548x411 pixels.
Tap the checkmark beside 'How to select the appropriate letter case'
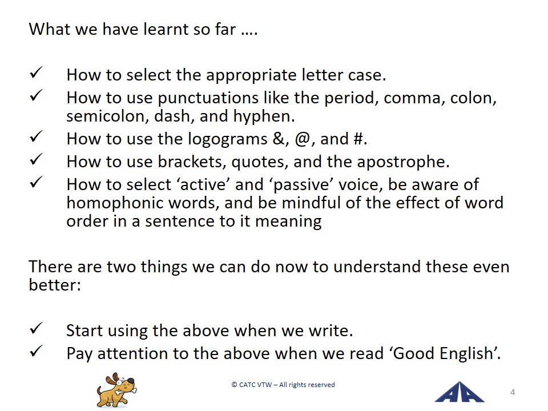pyautogui.click(x=36, y=72)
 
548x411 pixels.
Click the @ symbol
pyautogui.click(x=303, y=139)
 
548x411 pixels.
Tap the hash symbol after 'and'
pyautogui.click(x=358, y=139)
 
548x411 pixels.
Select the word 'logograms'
pyautogui.click(x=228, y=139)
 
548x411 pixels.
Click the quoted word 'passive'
pyautogui.click(x=300, y=185)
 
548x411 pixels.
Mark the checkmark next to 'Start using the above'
pyautogui.click(x=36, y=328)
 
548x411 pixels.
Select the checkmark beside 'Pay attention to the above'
pyautogui.click(x=36, y=351)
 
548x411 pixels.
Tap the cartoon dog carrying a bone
pyautogui.click(x=116, y=390)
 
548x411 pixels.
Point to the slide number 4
pyautogui.click(x=513, y=392)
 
